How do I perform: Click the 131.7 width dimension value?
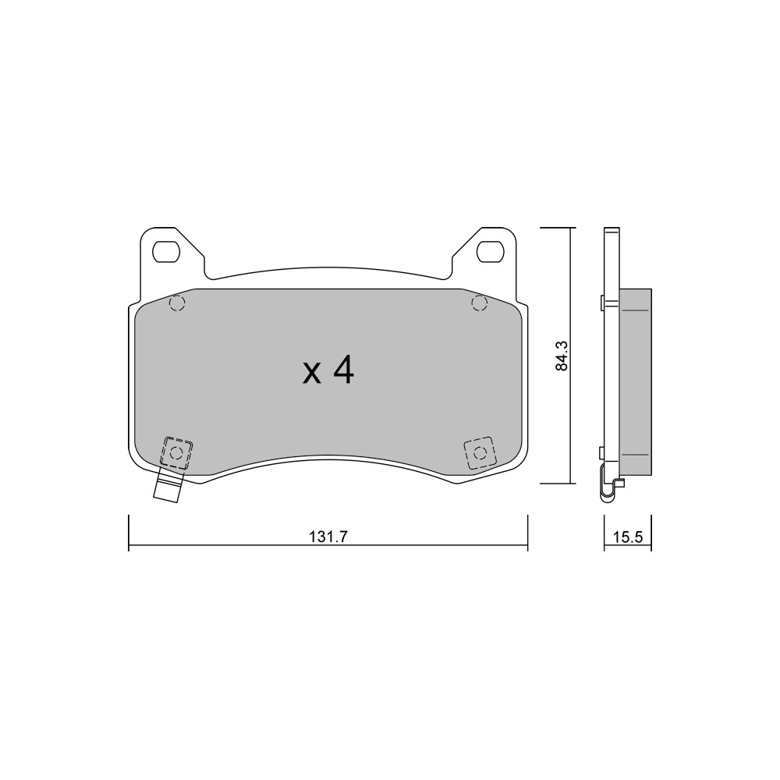click(328, 537)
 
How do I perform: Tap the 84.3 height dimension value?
click(562, 355)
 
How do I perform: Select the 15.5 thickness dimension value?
click(628, 537)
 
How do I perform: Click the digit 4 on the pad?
click(343, 371)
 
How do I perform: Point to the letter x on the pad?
click(312, 374)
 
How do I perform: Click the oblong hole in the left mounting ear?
click(165, 252)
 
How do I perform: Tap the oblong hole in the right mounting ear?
click(491, 252)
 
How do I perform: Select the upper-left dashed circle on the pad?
click(177, 303)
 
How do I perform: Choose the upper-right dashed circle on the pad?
click(479, 303)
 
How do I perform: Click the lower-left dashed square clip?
click(176, 452)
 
